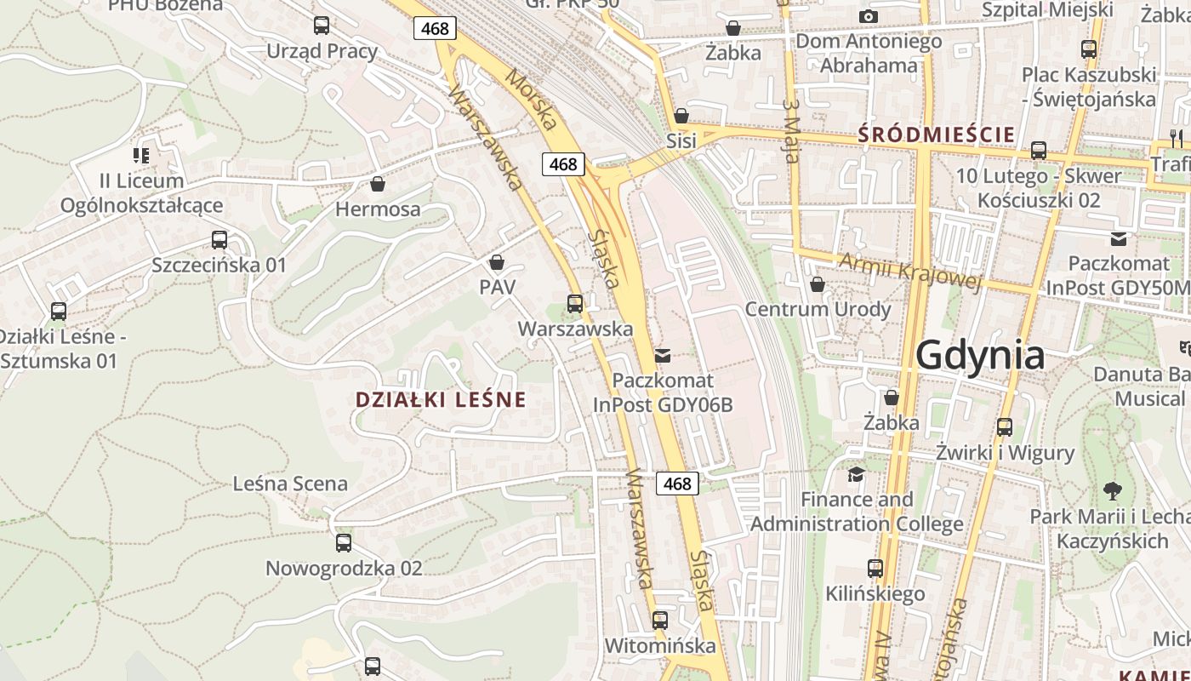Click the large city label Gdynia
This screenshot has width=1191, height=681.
(980, 354)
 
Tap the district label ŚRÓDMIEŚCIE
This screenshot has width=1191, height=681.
(936, 134)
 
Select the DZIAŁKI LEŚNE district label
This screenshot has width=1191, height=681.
(441, 399)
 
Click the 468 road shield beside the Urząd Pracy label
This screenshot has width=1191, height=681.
(435, 29)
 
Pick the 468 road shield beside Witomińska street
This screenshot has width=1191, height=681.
(677, 484)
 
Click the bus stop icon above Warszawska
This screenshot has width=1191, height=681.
(575, 303)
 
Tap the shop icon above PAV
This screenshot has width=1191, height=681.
(497, 262)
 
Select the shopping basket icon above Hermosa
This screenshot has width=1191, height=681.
(378, 184)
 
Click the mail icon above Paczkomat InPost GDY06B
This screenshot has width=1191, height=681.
(663, 355)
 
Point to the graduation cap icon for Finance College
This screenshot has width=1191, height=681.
(856, 474)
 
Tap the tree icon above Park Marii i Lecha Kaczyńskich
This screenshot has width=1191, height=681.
(1112, 491)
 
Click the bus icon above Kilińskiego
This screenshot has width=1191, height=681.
(875, 568)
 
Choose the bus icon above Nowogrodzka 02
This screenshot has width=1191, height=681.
(344, 542)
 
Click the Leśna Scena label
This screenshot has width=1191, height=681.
(290, 484)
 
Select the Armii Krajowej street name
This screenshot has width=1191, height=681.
(909, 271)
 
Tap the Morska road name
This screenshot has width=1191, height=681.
(531, 99)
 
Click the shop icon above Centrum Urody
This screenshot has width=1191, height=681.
(818, 284)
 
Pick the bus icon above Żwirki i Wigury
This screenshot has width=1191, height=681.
(1005, 426)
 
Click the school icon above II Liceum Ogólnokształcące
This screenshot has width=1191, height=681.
(141, 155)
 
